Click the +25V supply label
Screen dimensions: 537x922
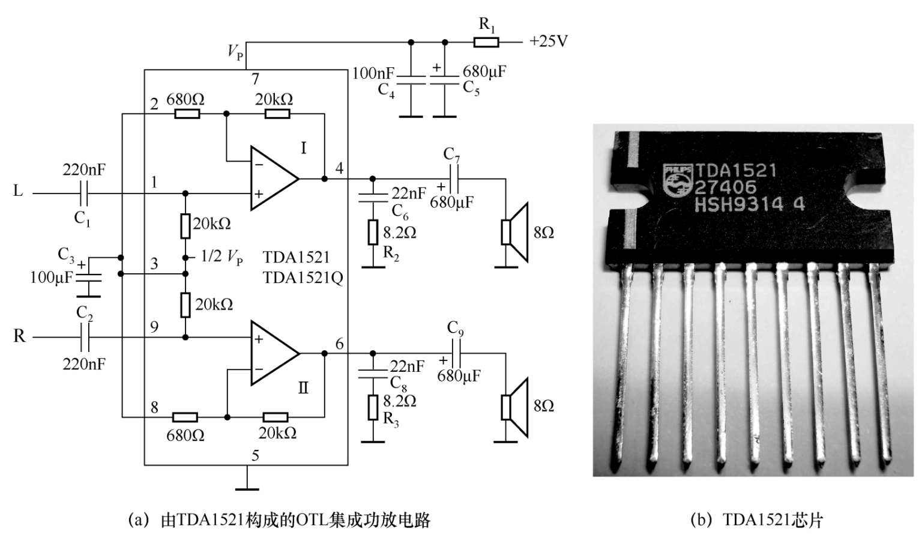tap(548, 41)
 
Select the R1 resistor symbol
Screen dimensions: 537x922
tap(486, 42)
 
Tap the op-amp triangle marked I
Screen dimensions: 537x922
tap(274, 178)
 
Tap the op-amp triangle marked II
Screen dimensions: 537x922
tap(274, 353)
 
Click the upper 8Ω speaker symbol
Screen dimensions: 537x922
tap(514, 232)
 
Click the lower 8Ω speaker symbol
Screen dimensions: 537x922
tap(514, 407)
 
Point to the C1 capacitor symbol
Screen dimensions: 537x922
tap(85, 193)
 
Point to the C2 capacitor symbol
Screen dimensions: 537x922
tap(85, 338)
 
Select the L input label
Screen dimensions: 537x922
tap(18, 191)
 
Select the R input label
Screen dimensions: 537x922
tap(19, 336)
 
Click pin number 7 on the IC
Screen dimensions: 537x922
tap(255, 79)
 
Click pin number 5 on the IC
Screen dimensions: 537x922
tap(255, 456)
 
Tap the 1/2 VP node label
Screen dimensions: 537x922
tap(221, 257)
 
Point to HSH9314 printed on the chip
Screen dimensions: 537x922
tap(739, 205)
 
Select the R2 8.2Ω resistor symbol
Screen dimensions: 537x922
tap(373, 232)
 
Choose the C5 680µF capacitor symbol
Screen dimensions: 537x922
tap(445, 80)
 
